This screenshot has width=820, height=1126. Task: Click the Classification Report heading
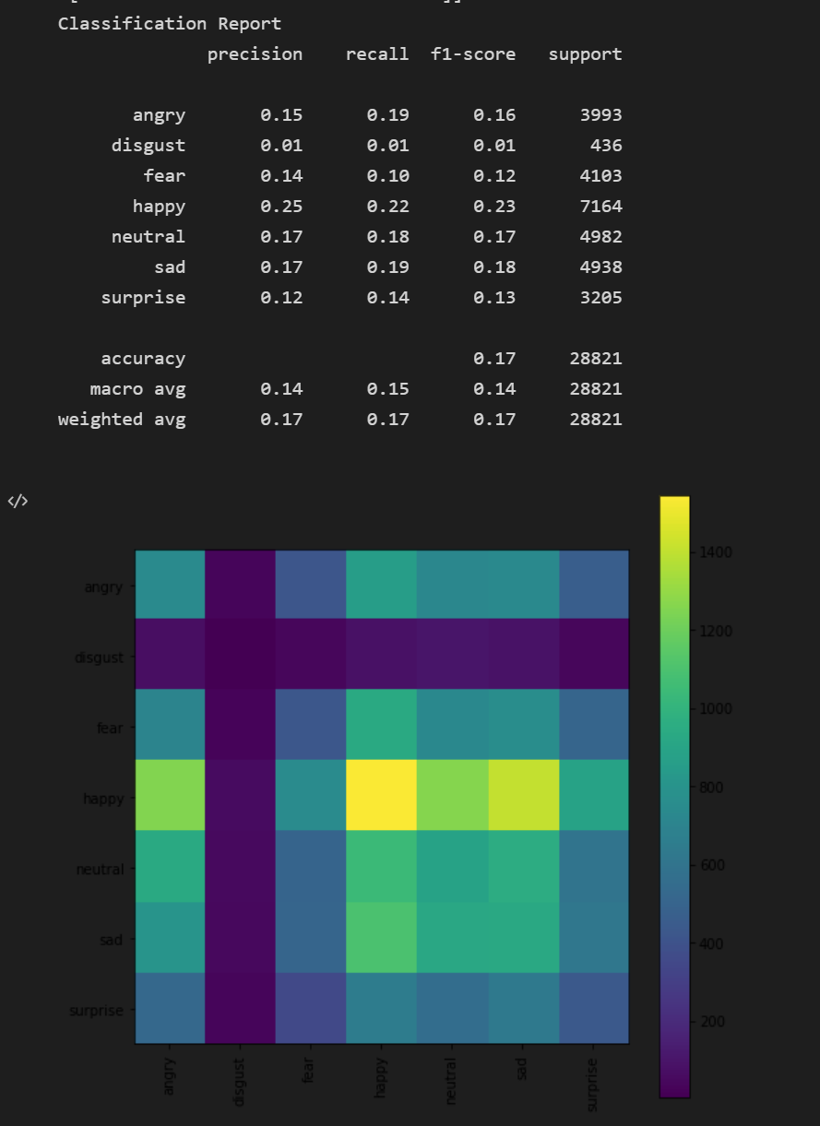pos(170,23)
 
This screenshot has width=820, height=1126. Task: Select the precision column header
pos(255,53)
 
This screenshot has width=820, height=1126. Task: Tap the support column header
pos(585,53)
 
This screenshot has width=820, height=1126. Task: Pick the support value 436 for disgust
pos(605,146)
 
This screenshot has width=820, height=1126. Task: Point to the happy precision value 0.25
pos(280,207)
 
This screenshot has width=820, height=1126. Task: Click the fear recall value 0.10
pos(387,176)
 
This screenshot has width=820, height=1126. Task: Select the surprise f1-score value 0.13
pos(494,298)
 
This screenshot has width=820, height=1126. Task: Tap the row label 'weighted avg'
pos(122,420)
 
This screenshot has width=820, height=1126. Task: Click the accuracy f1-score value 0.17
pos(494,359)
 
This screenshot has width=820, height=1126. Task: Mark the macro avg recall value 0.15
pos(387,389)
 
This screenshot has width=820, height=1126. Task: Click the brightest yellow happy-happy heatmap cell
pos(381,796)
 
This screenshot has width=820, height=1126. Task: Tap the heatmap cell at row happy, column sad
pos(523,796)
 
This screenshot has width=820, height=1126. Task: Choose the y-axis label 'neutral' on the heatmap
pos(100,869)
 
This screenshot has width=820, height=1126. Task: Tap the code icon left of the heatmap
pos(18,502)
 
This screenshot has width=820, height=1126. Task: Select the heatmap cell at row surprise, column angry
pos(170,1009)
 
